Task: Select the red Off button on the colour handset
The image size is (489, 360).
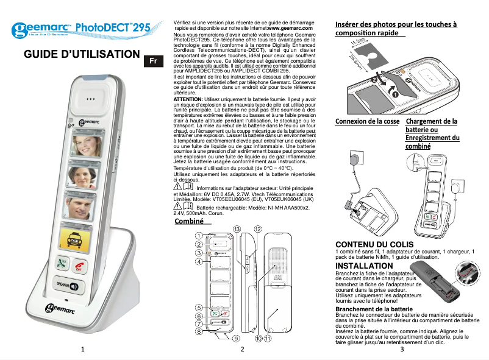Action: (x=79, y=265)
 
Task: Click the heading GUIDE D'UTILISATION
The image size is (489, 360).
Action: (x=82, y=55)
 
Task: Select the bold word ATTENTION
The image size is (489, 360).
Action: (x=188, y=99)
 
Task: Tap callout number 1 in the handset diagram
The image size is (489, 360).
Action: (x=199, y=235)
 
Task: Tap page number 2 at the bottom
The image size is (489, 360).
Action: (x=242, y=349)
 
